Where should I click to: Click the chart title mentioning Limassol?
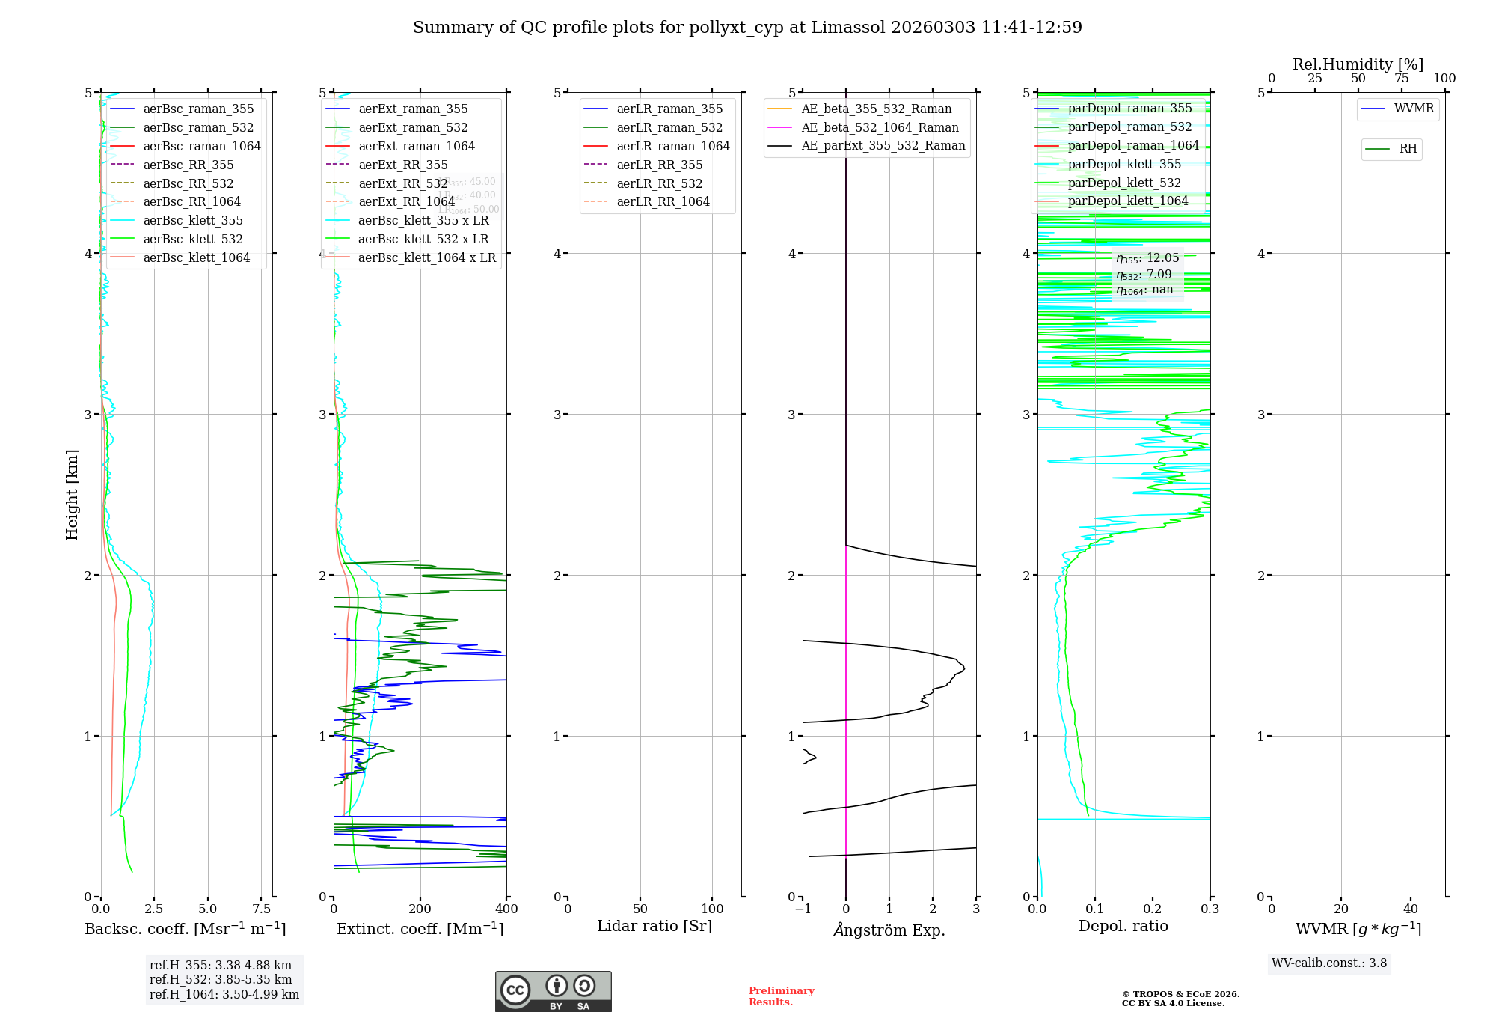click(747, 28)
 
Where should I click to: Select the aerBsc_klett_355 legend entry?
click(192, 220)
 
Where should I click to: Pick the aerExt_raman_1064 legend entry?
click(416, 146)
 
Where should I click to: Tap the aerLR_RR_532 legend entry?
click(659, 183)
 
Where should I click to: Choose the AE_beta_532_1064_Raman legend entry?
click(880, 127)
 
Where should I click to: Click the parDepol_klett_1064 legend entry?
click(1127, 201)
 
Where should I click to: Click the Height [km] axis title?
click(72, 494)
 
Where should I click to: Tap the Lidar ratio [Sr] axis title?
click(654, 926)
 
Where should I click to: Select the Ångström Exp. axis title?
click(889, 930)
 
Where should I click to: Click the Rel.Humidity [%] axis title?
click(1358, 64)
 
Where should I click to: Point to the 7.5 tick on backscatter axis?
click(261, 909)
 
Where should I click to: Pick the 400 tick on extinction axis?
click(506, 909)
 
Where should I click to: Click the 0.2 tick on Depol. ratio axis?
click(1153, 909)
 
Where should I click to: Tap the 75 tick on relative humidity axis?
click(1401, 79)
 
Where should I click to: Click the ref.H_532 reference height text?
click(221, 979)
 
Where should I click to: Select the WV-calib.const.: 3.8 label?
click(1329, 963)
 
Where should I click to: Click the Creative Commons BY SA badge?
click(553, 991)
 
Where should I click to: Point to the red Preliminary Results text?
click(781, 996)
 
